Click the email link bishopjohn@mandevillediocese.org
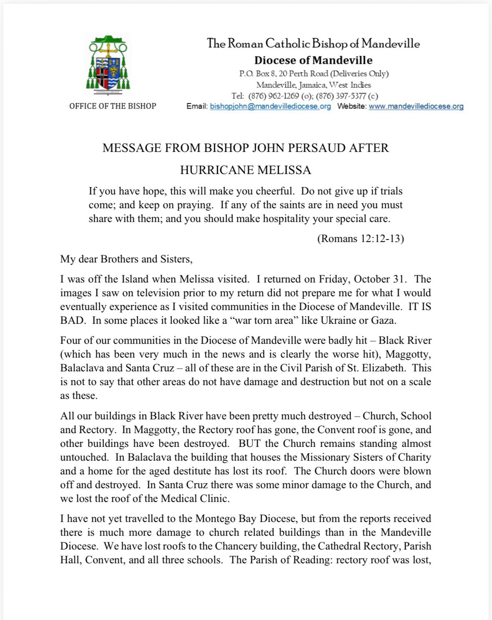[270, 106]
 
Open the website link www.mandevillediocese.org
[416, 106]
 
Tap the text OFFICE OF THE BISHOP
[113, 106]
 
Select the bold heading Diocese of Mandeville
[313, 60]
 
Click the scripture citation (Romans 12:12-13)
[361, 239]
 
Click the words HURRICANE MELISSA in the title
[245, 170]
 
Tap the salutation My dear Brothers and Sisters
[126, 259]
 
